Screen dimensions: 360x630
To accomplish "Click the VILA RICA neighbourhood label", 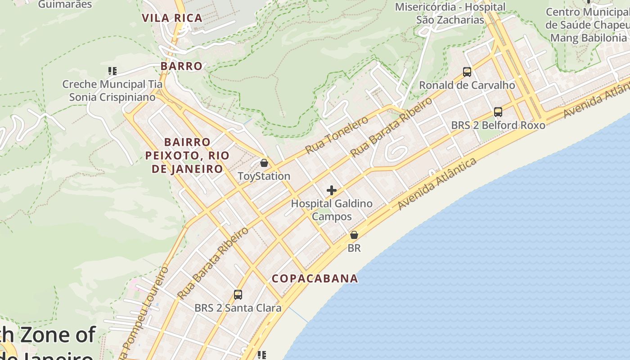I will point(172,18).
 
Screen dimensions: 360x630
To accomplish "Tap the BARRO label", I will point(181,66).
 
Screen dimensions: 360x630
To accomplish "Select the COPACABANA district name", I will point(315,279).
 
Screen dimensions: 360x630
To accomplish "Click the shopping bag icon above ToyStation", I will point(264,163).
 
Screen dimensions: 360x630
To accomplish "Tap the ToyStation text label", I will point(264,176).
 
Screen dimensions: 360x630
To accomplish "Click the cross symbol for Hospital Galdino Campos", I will point(332,190).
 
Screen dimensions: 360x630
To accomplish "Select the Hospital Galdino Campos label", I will point(332,210).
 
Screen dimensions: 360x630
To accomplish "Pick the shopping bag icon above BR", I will point(354,235).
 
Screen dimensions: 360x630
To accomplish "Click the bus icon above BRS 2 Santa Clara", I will point(238,295).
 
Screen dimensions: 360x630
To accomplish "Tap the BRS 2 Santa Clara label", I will point(238,308).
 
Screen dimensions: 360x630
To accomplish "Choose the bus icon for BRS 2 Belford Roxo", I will point(498,112).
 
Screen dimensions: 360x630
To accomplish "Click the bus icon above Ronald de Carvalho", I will point(467,72).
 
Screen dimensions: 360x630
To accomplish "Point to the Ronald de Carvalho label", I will point(467,85).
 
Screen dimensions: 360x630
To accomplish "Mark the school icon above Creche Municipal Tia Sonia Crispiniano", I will point(112,71).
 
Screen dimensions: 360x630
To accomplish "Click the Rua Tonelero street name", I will point(337,135).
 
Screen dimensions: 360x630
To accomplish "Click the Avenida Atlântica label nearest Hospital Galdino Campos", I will point(437,184).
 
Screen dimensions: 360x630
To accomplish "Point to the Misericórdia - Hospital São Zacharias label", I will point(450,13).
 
